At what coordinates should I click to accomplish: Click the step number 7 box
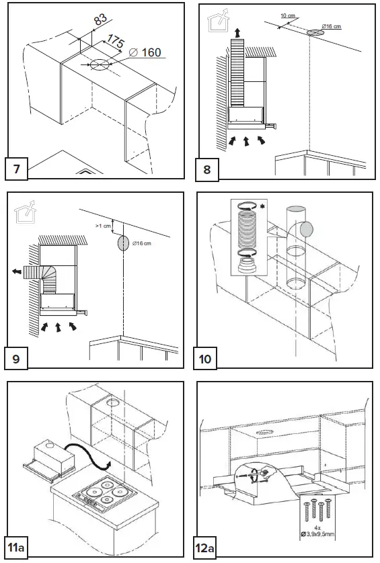(x=17, y=169)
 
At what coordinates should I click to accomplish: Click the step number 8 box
(x=207, y=169)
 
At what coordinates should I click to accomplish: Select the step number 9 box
(x=17, y=358)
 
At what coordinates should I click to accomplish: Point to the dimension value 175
(x=116, y=43)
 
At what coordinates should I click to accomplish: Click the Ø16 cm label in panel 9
(x=143, y=243)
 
